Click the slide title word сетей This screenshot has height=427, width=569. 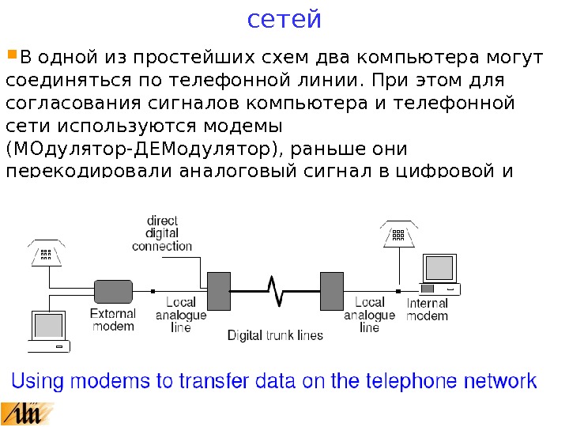tap(284, 18)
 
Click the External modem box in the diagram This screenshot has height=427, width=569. tap(114, 290)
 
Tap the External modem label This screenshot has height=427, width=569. tap(114, 319)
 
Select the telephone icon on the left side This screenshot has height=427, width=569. tap(47, 251)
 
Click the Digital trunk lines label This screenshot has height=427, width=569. tap(275, 335)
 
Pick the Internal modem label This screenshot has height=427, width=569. tap(428, 309)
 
